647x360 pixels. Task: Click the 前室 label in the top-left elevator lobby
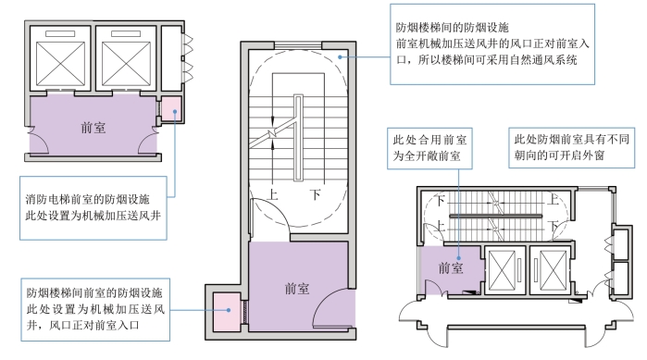pos(93,128)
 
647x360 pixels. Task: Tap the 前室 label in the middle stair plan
pos(297,288)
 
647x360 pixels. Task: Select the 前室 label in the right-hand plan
pos(451,268)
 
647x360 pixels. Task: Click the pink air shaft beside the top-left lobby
pos(171,109)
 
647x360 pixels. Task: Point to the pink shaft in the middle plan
pos(227,311)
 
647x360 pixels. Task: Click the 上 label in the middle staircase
pos(272,194)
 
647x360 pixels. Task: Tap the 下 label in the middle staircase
pos(316,194)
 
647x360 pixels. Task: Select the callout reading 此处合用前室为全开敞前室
pos(429,148)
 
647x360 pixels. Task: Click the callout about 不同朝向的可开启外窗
pos(571,148)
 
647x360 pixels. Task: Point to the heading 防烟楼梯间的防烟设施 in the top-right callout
pos(453,28)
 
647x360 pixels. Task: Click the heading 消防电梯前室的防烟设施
pos(88,200)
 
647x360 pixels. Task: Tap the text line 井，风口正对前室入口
pos(83,326)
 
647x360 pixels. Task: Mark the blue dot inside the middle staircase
pos(340,56)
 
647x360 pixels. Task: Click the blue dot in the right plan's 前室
pos(459,258)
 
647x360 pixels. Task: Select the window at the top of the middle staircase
pos(298,45)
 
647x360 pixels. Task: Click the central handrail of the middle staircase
pos(298,138)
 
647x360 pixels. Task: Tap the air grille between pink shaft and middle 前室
pos(244,312)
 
